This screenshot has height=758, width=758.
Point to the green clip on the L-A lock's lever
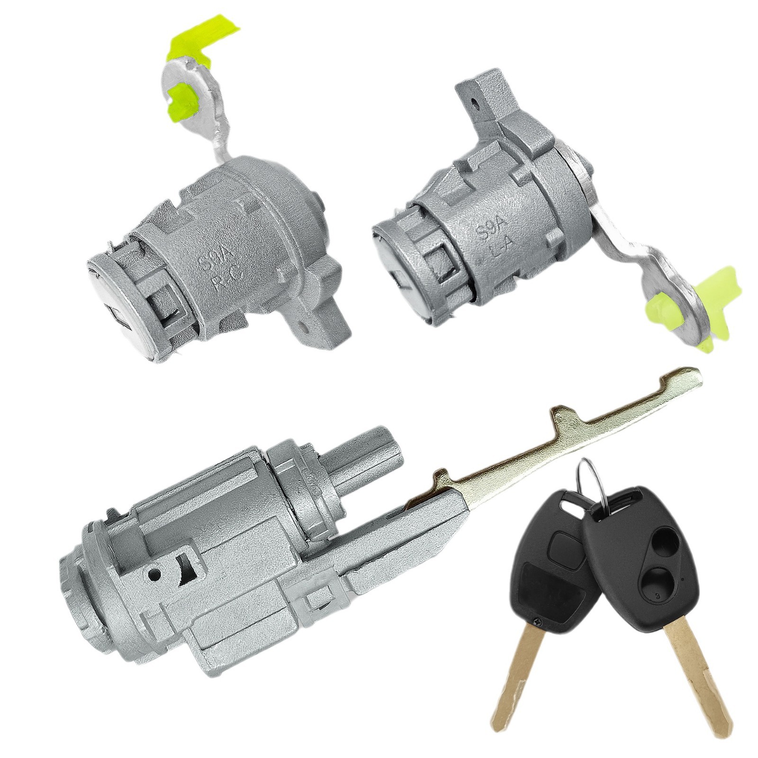coord(682,303)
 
